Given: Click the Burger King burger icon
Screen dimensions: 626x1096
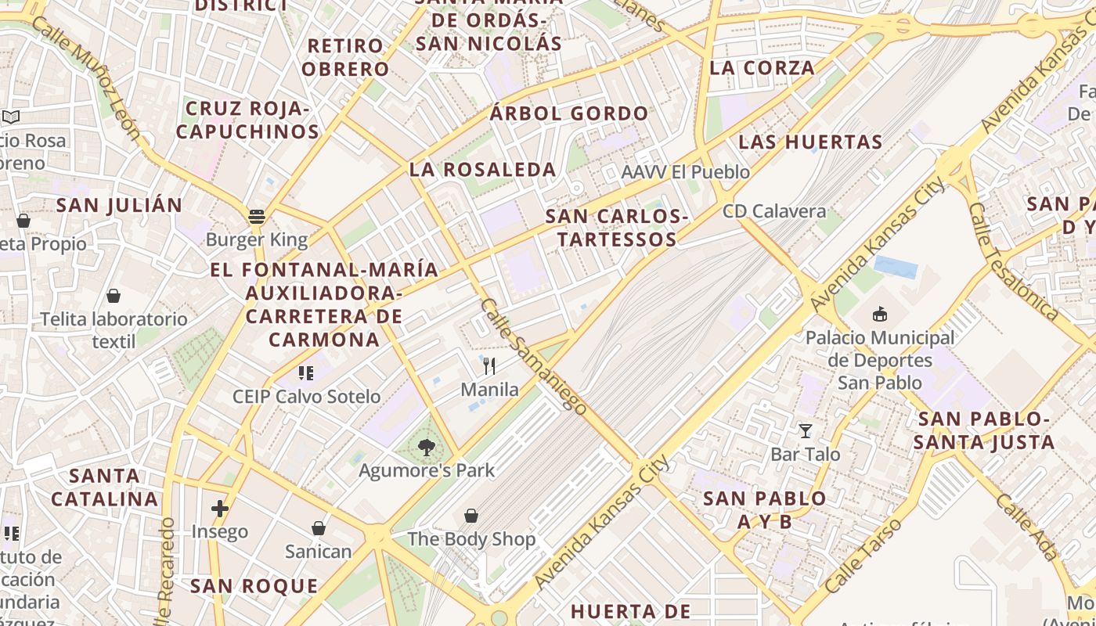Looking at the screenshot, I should point(257,216).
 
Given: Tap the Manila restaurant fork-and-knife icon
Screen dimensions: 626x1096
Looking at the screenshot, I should point(489,365).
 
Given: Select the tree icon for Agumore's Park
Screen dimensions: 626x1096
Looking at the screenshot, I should point(427,448).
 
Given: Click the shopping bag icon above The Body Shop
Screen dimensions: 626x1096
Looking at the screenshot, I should point(471,516).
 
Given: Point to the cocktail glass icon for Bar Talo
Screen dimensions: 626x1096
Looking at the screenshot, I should point(805,430).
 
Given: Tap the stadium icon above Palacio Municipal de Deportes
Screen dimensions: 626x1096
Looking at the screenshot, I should point(880,315).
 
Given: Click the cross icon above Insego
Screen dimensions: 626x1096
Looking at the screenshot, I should point(220,509).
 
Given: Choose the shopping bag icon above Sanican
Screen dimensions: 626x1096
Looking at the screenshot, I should point(318,528).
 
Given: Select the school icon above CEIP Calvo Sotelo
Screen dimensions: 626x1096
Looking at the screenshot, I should point(306,372).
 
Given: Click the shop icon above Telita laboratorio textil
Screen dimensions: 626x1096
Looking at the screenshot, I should point(114,296).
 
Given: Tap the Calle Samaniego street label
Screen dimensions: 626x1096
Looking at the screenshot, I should point(533,356).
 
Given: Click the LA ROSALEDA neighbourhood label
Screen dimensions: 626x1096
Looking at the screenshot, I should point(482,169).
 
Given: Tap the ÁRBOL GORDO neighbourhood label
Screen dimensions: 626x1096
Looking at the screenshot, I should point(569,113).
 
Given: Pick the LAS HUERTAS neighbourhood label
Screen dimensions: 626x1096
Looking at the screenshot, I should point(810,142).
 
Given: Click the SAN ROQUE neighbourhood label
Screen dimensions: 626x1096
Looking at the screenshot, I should point(254,585).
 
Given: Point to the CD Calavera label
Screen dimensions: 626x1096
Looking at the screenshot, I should point(774,210).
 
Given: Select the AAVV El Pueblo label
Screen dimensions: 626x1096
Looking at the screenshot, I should point(686,171).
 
